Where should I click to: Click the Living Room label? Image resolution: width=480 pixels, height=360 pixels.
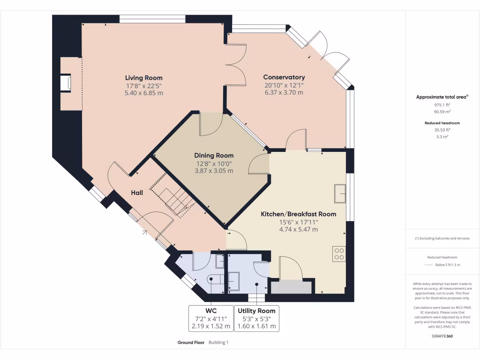[x=143, y=78]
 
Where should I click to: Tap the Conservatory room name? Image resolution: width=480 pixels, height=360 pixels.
[x=284, y=77]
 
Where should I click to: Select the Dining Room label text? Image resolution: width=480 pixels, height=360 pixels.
[x=214, y=156]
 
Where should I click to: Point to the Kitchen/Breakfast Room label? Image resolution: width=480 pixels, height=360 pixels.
[x=298, y=214]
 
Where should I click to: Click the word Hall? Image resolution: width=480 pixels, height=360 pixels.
[x=137, y=193]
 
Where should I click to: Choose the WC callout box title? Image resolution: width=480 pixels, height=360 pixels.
[x=210, y=311]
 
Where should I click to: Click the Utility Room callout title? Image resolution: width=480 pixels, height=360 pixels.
[x=256, y=311]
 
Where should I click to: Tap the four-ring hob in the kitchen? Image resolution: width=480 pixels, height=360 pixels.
[x=339, y=254]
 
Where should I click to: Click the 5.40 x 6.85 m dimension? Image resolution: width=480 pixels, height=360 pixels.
[x=143, y=93]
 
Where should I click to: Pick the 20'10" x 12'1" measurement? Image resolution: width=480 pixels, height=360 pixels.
[x=284, y=85]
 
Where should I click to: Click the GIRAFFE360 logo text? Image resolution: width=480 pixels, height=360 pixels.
[x=442, y=336]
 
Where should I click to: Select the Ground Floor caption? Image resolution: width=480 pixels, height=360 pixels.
[x=190, y=343]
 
